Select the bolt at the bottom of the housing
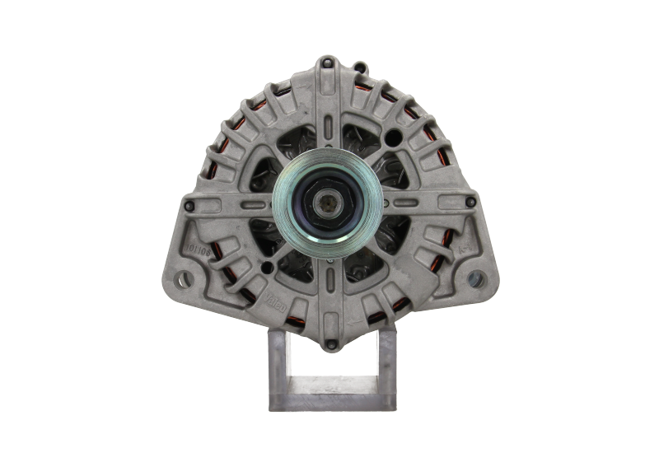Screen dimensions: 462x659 click(330, 343)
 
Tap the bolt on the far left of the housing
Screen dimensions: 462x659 click(190, 204)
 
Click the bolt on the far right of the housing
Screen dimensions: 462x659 click(470, 201)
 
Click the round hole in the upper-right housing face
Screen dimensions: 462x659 click(395, 136)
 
